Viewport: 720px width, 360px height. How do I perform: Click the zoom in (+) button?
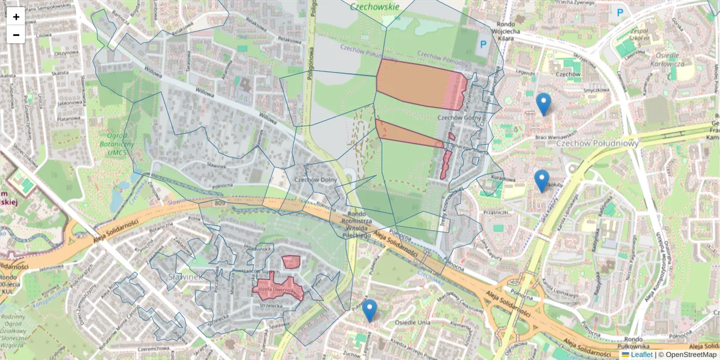(16, 17)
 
